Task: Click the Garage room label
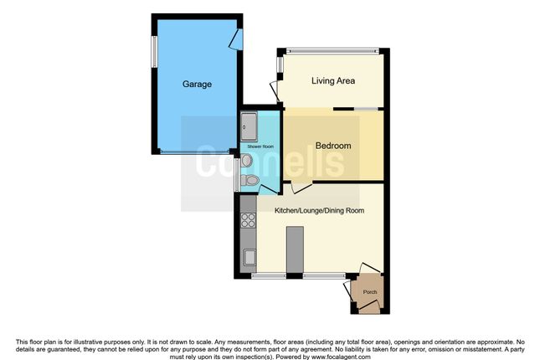tap(197, 84)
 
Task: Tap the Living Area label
tap(333, 80)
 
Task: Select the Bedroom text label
tap(333, 146)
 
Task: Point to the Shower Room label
tap(260, 147)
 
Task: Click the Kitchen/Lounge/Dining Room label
tap(319, 210)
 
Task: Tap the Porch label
tap(370, 292)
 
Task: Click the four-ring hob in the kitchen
tap(249, 220)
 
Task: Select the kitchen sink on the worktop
tap(249, 257)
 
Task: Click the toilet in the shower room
tap(249, 180)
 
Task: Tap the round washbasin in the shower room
tap(247, 160)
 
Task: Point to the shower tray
tap(249, 126)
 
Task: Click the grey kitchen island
tap(296, 249)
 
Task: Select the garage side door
tap(237, 39)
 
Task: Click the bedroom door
tap(301, 187)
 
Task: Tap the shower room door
tap(267, 189)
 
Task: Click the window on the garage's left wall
tap(155, 52)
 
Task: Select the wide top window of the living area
tap(332, 51)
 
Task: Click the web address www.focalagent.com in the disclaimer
tap(341, 357)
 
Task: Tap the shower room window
tap(236, 175)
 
